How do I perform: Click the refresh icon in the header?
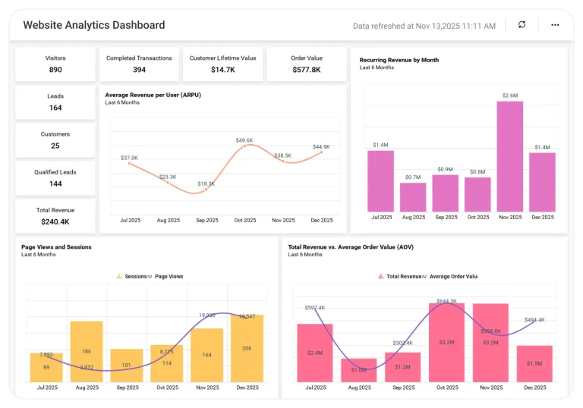(x=522, y=25)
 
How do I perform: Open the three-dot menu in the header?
(x=555, y=25)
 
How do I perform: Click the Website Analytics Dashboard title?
(x=94, y=25)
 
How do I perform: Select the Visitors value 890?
(x=55, y=70)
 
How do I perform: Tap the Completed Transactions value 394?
(x=139, y=70)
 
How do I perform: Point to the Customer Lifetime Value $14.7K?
(x=222, y=70)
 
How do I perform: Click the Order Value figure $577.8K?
(x=307, y=70)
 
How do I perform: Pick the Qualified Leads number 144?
(x=55, y=184)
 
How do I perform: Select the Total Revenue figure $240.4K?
(x=55, y=221)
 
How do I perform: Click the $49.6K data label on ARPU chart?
(x=244, y=140)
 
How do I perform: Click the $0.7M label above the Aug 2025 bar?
(x=413, y=177)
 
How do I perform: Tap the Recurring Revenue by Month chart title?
(x=399, y=60)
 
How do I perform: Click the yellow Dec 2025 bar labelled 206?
(x=247, y=348)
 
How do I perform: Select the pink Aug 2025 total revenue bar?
(x=359, y=370)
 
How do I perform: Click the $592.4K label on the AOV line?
(x=314, y=307)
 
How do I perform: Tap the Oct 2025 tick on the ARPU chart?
(x=244, y=220)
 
